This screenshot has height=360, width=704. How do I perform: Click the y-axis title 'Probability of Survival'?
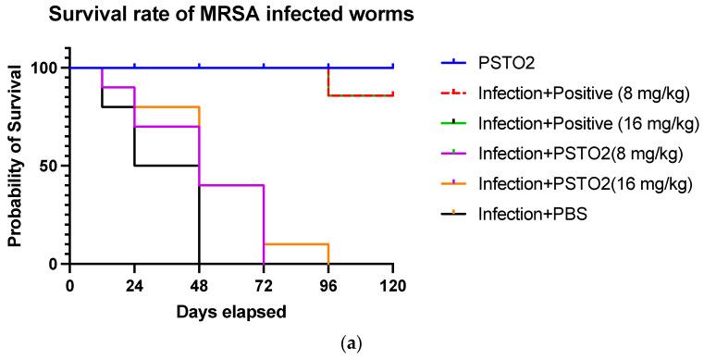click(16, 166)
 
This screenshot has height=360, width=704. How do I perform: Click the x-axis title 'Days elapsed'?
click(231, 312)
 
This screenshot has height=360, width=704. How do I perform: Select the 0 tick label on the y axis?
click(53, 264)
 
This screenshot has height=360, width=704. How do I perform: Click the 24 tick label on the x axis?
click(134, 286)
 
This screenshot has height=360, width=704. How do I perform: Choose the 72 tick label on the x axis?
click(264, 286)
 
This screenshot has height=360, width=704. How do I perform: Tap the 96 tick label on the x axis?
click(328, 286)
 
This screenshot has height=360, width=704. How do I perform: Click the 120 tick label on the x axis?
click(393, 286)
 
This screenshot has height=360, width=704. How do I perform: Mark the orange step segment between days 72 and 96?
click(296, 244)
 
